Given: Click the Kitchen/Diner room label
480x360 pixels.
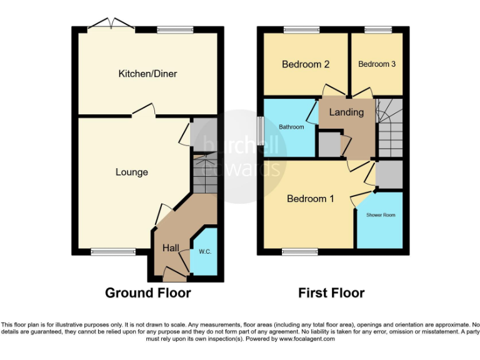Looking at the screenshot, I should point(147,74).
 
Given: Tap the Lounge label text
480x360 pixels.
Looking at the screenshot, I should point(132,172).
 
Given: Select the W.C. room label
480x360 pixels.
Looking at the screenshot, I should point(204,252).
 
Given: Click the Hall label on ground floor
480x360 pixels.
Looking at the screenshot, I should point(171,248).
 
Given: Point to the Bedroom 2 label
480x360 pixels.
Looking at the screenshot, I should point(306,64).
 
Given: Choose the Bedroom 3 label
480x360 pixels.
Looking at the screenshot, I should point(377,64).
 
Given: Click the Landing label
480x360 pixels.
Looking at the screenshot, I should point(346,112).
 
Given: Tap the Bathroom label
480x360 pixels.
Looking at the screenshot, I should point(291,127).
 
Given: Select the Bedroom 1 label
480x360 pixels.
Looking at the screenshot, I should point(310,199).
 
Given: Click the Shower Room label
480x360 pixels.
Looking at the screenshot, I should point(381,215).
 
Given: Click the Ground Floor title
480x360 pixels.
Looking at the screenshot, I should point(147,292).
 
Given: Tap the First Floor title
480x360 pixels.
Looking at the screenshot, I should point(331,292).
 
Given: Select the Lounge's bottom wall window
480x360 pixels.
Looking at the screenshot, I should point(104,252).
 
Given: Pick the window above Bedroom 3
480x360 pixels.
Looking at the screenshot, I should point(377,29).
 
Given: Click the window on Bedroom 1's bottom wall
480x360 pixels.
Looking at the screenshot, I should point(296,252).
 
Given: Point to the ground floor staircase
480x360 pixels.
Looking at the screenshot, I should point(204,175).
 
